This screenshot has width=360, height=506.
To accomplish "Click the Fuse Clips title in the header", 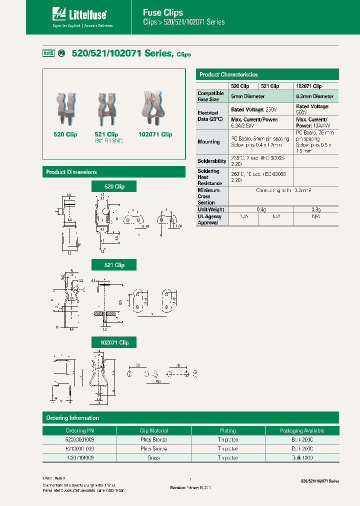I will [x=163, y=12].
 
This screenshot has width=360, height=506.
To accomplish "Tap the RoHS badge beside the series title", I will [x=48, y=53].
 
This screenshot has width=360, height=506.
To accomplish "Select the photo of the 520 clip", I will [x=65, y=110].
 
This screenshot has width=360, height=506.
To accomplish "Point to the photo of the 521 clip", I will [x=106, y=110].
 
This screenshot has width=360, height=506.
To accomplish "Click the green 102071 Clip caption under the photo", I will [x=155, y=134].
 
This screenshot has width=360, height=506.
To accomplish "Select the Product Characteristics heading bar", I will [x=267, y=74].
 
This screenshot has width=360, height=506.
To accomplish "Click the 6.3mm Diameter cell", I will [x=315, y=96].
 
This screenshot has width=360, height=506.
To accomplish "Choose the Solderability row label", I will [x=212, y=161].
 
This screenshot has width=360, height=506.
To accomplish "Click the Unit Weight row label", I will [x=211, y=209].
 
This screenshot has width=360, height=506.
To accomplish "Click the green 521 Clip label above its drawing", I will [x=114, y=265].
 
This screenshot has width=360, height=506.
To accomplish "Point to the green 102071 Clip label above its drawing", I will [x=114, y=342].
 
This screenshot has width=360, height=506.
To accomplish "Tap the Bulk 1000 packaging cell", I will [x=301, y=457].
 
